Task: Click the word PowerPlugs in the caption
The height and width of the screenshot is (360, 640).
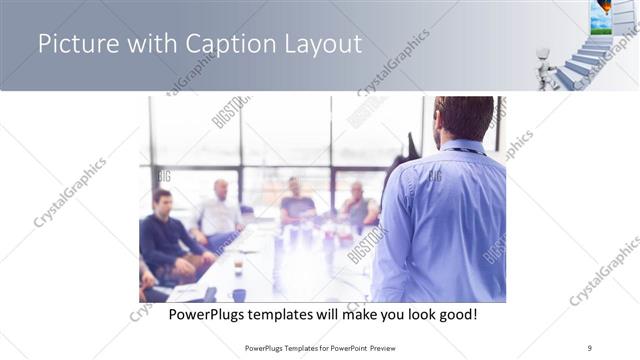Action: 203,314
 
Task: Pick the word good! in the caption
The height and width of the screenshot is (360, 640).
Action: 455,314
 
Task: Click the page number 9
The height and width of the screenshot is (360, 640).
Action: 590,347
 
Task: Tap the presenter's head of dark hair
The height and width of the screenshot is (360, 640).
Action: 465,118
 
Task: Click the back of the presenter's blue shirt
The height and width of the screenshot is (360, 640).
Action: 445,220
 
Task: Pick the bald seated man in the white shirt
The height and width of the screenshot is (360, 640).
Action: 219,210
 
